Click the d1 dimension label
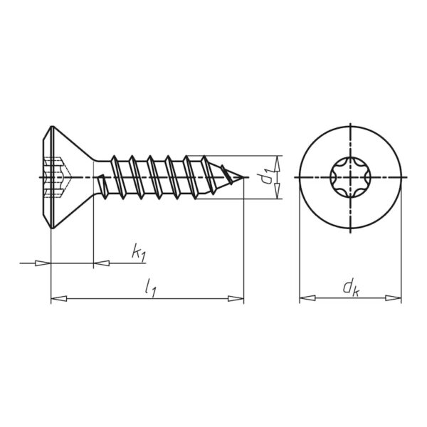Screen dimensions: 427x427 (265, 176)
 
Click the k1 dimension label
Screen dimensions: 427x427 (139, 252)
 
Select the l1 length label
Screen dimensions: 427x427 (150, 289)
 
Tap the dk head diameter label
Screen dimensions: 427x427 (352, 288)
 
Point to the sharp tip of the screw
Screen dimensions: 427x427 (243, 177)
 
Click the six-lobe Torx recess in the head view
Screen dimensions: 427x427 (350, 177)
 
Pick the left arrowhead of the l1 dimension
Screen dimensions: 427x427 (59, 298)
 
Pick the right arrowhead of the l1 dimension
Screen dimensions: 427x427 (236, 298)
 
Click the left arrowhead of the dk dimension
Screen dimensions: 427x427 (307, 298)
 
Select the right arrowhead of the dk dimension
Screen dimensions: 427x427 (394, 298)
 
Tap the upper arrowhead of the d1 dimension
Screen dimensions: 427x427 (277, 164)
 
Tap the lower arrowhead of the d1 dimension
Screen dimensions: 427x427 (277, 191)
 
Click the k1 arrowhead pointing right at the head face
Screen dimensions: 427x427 (43, 263)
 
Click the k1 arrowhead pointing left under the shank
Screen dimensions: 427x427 (102, 263)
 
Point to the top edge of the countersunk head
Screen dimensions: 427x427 (52, 127)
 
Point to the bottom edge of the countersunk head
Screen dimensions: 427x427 (52, 228)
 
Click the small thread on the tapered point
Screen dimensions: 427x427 (226, 174)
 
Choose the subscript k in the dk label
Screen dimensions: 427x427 (356, 292)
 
